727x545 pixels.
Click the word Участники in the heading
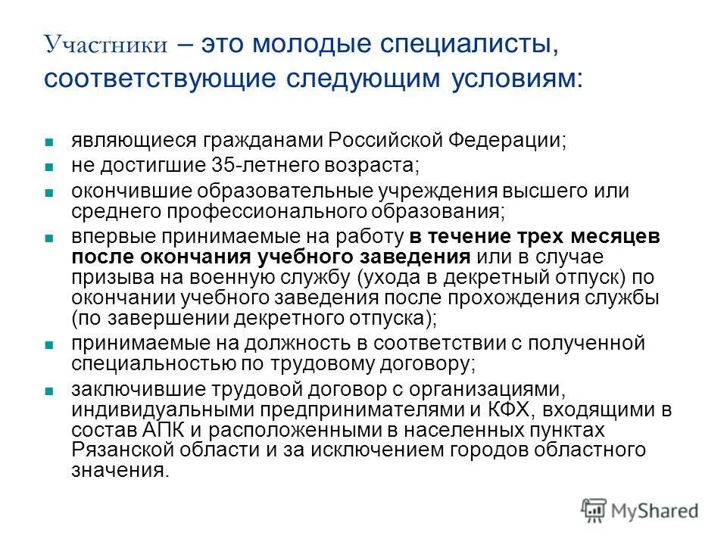pos(106,46)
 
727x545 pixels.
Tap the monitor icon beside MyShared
pos(594,509)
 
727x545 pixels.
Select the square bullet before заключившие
pos(48,392)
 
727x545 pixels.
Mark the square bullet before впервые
pos(48,238)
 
